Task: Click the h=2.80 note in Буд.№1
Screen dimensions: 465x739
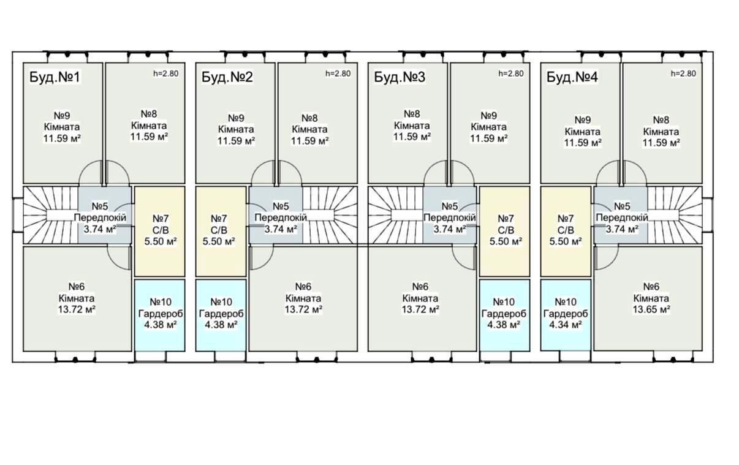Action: (x=166, y=74)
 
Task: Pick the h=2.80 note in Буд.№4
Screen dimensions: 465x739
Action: (x=684, y=74)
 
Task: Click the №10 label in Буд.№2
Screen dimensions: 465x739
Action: (x=221, y=302)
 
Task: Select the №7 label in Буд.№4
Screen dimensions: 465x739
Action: (x=566, y=219)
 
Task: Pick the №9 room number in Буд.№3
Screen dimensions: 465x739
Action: (x=488, y=115)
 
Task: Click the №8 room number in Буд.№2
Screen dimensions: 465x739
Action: (x=309, y=118)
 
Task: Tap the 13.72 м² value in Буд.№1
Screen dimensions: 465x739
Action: (x=76, y=309)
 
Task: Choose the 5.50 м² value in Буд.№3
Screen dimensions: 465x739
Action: (x=506, y=241)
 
